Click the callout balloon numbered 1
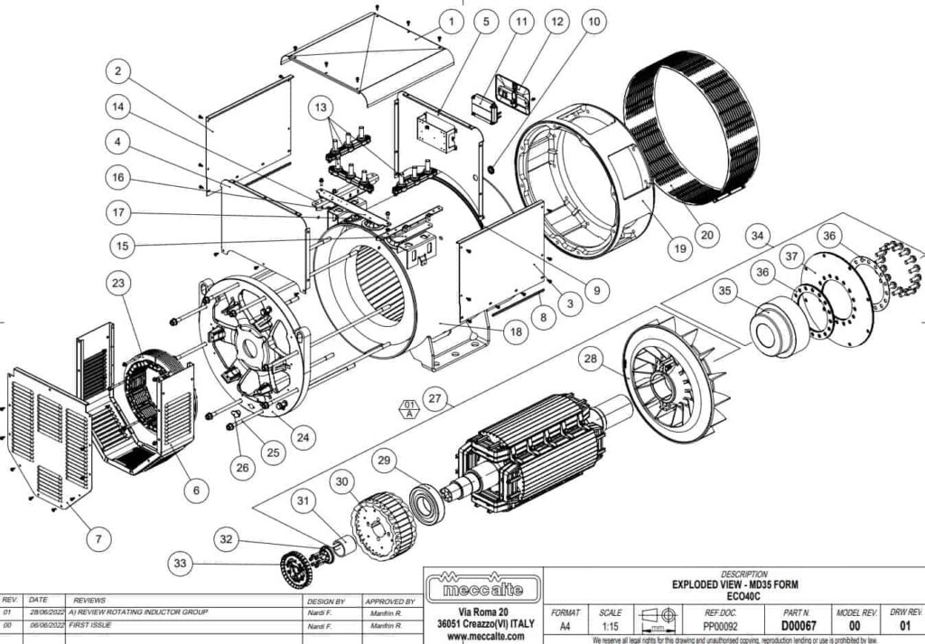(x=449, y=20)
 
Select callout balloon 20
(x=707, y=234)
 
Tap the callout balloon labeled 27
(x=437, y=398)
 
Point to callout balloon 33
(x=182, y=565)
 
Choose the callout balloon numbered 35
(x=724, y=291)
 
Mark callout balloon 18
(x=515, y=332)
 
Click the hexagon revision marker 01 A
(x=410, y=408)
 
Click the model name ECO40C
(x=744, y=596)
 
